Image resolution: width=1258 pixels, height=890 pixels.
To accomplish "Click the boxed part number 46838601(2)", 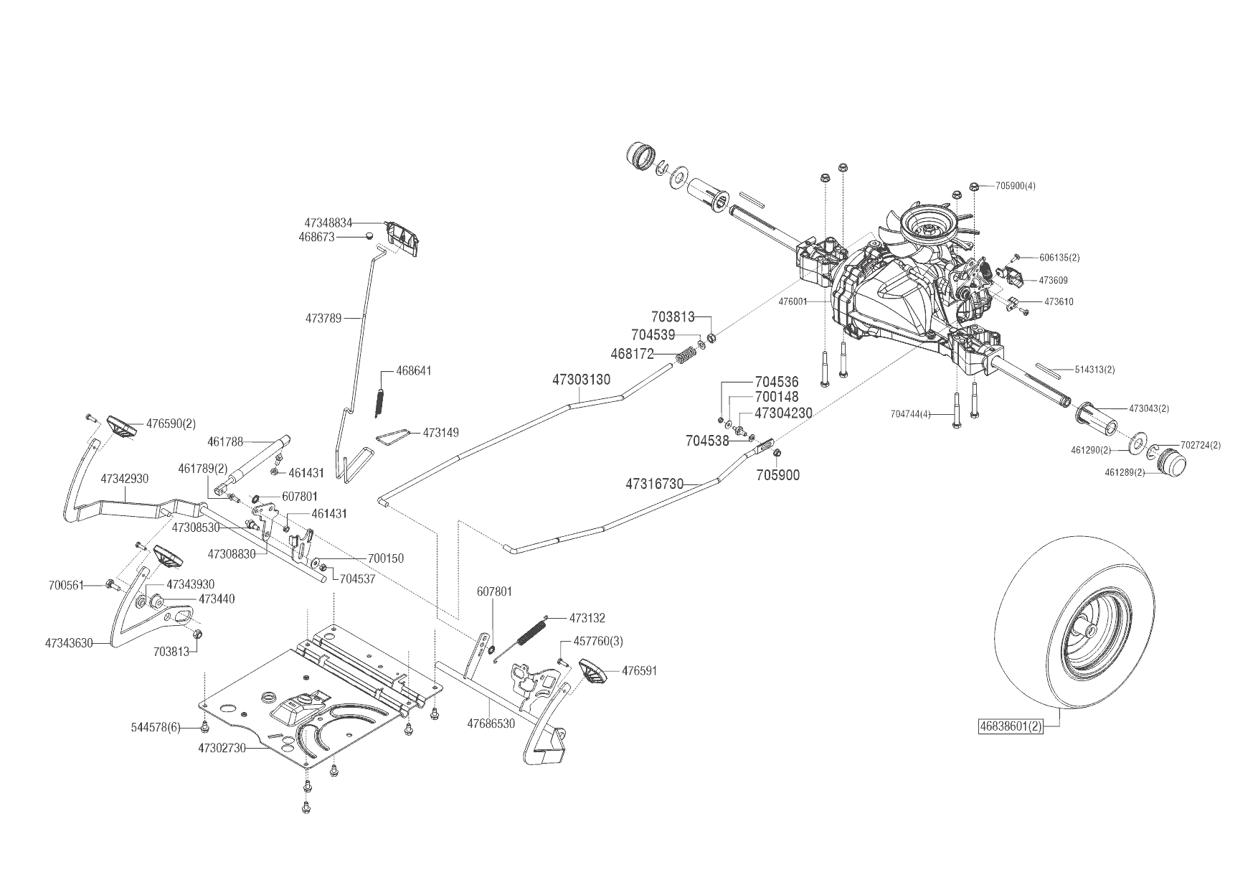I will click(1011, 726).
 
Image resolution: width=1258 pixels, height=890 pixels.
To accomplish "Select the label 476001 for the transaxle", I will click(793, 302).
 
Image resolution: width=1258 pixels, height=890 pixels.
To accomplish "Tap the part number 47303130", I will click(581, 379).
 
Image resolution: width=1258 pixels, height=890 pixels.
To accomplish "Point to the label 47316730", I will click(654, 484).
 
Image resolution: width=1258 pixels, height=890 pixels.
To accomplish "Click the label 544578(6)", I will click(154, 728).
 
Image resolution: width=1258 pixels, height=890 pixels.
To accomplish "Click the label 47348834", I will click(328, 223).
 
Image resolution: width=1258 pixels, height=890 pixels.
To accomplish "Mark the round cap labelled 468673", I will click(368, 235).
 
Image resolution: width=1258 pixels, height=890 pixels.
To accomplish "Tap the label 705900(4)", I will click(1016, 186).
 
